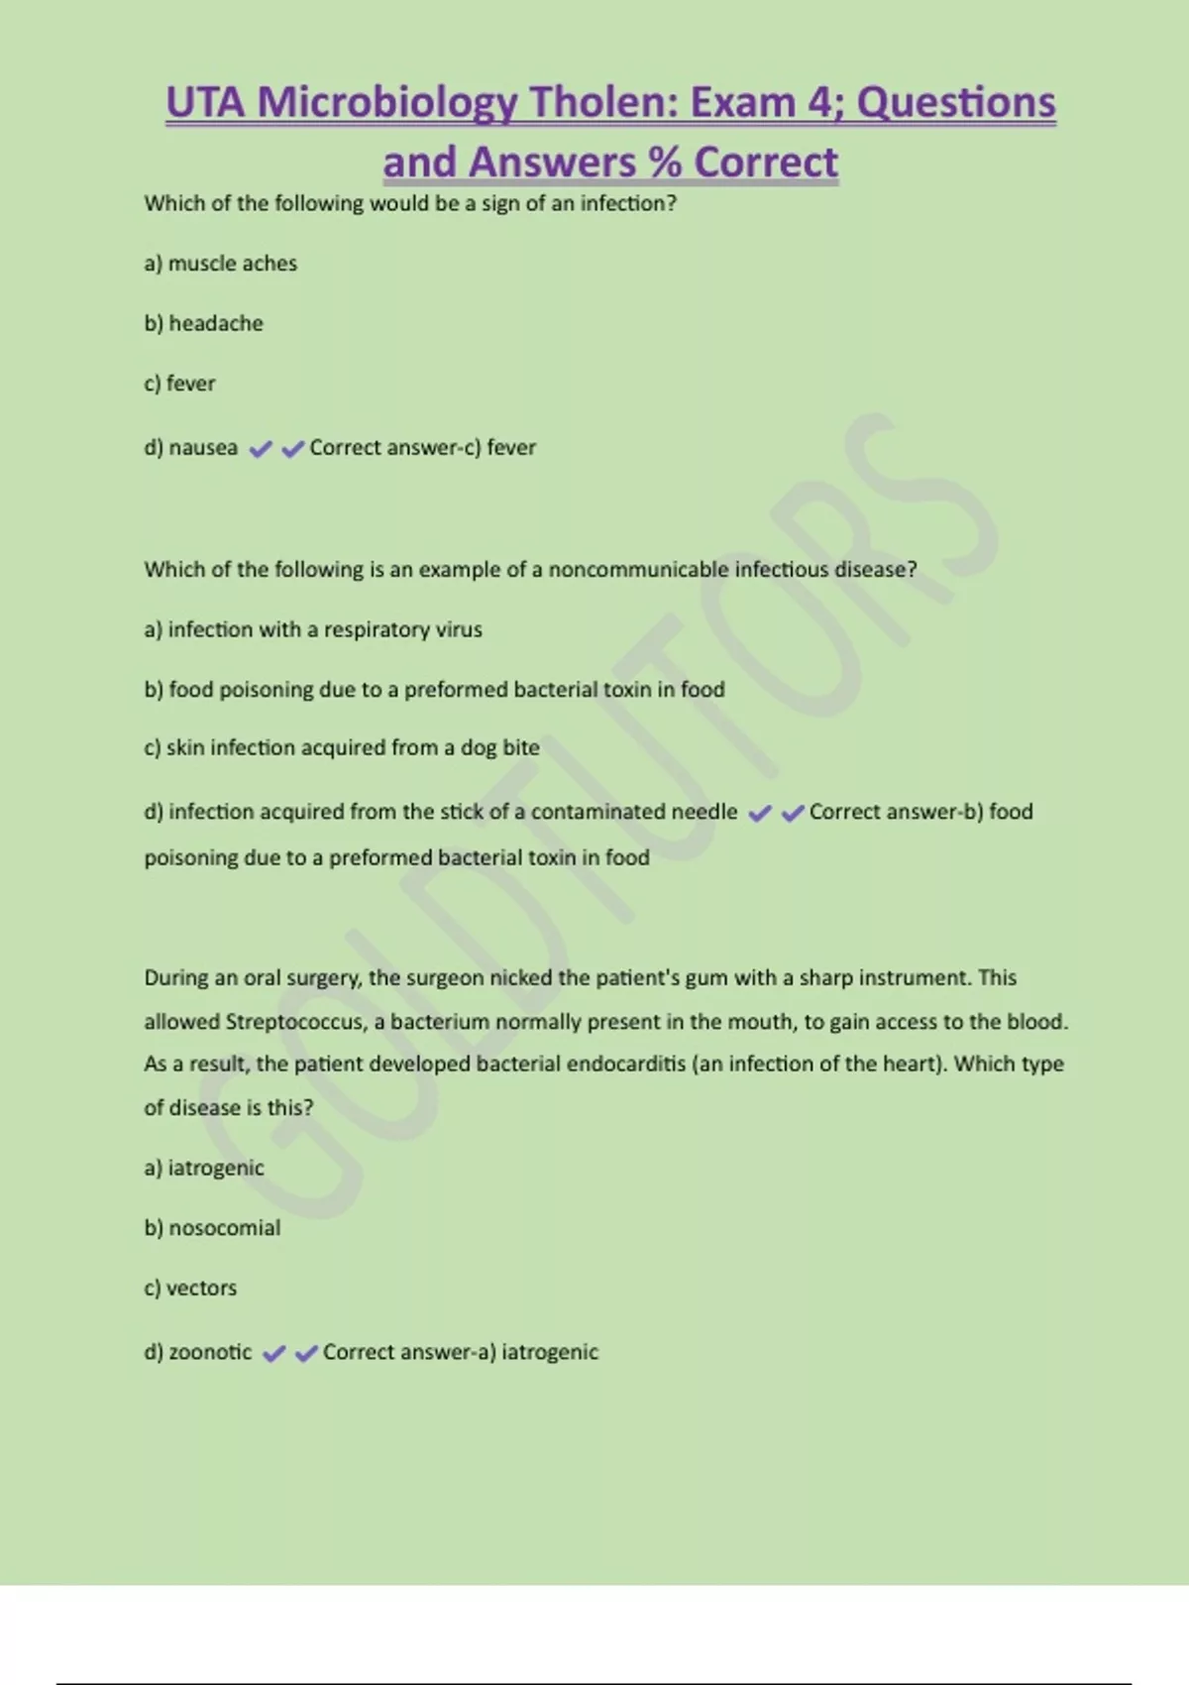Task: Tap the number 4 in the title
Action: (x=821, y=103)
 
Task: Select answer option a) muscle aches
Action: (x=220, y=264)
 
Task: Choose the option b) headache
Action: (x=203, y=323)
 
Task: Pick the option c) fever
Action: (x=179, y=384)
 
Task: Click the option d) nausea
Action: (x=190, y=448)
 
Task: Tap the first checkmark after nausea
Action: (x=261, y=450)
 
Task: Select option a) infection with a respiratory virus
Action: (x=313, y=629)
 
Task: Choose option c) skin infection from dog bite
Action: (x=342, y=748)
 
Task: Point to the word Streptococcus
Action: (x=294, y=1022)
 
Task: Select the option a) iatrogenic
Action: (x=204, y=1168)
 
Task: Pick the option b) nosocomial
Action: (x=212, y=1228)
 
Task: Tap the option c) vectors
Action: (x=190, y=1289)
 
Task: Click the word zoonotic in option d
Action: (x=210, y=1352)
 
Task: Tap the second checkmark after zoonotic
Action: (x=306, y=1354)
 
